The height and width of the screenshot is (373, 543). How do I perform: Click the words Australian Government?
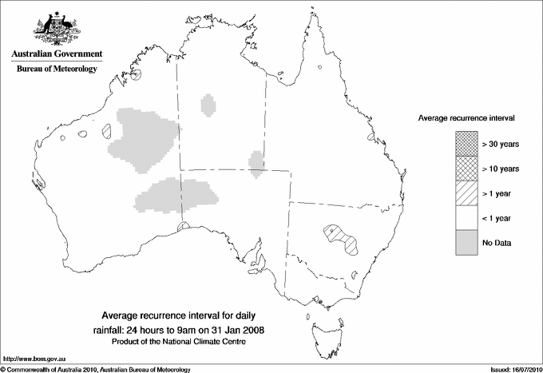point(57,54)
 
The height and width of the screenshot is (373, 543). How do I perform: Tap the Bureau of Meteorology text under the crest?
point(57,69)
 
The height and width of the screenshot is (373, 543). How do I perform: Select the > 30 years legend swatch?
point(466,144)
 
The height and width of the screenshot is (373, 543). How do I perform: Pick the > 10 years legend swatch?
point(466,169)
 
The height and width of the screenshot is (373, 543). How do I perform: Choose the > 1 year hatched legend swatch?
point(466,192)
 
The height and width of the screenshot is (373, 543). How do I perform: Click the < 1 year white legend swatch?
point(466,218)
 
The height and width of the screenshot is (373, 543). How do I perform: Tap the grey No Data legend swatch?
point(466,242)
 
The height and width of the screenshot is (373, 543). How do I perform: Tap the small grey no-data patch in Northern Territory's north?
point(209,105)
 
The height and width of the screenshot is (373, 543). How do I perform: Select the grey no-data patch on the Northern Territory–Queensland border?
point(256,162)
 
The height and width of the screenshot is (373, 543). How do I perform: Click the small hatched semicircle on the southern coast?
point(183,228)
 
